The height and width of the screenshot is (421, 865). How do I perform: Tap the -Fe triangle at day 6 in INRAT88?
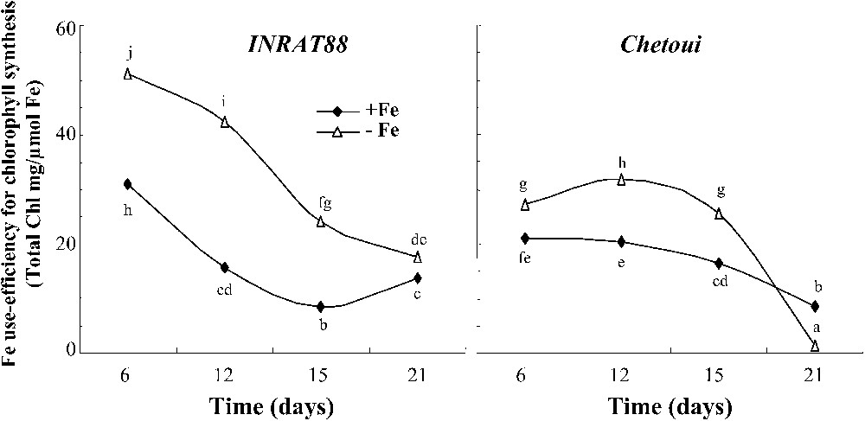click(128, 74)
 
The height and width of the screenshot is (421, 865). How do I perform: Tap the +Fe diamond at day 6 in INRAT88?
click(128, 184)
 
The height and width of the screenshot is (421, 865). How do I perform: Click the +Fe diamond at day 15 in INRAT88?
click(321, 307)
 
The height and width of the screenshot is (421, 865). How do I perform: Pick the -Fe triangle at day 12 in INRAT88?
click(225, 123)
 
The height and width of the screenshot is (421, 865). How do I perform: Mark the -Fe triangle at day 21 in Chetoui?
click(815, 346)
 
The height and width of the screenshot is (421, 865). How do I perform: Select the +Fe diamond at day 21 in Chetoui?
click(815, 307)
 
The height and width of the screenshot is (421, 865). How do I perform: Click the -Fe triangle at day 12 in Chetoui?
click(622, 180)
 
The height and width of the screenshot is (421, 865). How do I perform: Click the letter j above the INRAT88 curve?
click(128, 54)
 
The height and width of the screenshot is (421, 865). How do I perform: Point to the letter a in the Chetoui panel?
click(815, 329)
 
